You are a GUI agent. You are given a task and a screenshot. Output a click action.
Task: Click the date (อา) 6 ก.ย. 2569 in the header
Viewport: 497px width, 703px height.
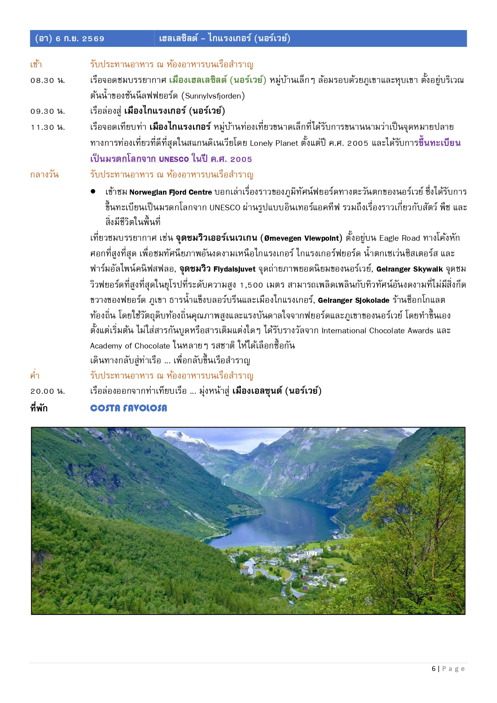[70, 39]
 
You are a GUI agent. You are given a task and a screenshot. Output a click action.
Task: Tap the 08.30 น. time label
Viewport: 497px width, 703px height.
[48, 81]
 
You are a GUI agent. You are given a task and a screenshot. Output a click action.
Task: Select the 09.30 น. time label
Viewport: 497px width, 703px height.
[48, 111]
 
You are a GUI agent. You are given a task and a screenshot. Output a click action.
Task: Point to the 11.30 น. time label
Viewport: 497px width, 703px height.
[48, 127]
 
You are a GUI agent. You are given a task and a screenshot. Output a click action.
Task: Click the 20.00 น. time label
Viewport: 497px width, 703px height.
[48, 391]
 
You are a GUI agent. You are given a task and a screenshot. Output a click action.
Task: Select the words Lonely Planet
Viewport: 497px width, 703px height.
[274, 143]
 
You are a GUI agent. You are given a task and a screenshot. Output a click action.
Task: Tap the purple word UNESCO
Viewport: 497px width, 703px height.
[174, 159]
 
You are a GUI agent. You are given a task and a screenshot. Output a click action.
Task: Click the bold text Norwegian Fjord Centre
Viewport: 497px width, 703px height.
[171, 192]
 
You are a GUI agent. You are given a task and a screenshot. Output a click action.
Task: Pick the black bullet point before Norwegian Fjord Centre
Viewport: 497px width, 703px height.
[93, 191]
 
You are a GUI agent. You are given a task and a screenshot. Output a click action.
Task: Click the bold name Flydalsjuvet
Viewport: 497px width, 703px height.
[234, 269]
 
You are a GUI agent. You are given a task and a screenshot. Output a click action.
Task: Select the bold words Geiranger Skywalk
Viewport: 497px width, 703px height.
[409, 269]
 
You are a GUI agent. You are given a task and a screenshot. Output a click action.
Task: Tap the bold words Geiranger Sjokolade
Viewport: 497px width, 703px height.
[353, 300]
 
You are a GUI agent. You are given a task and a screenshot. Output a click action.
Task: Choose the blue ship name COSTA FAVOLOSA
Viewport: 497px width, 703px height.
[129, 408]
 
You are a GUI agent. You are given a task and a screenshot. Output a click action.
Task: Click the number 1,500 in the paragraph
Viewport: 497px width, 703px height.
[252, 285]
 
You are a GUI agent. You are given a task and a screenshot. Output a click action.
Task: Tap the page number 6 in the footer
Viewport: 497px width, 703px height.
[434, 669]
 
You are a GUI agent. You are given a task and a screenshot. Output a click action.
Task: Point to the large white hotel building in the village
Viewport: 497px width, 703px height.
[308, 554]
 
